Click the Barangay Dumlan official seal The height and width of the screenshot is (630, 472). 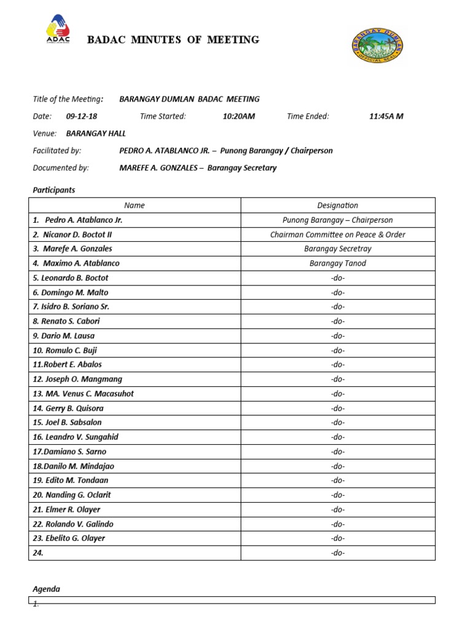(378, 47)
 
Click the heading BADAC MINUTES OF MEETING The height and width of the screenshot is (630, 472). (173, 40)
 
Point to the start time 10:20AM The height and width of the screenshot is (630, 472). (238, 116)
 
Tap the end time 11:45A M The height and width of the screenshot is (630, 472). (386, 116)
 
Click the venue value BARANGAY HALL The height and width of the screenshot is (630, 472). (93, 134)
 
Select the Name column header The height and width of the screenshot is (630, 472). (135, 205)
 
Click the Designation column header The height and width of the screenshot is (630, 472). (337, 205)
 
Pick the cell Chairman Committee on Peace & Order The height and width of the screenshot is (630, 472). (337, 234)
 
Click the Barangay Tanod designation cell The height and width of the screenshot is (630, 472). (337, 263)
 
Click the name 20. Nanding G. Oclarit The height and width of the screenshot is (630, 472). (72, 495)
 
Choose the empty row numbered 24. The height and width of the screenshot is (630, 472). (135, 553)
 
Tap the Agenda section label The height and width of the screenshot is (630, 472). (46, 589)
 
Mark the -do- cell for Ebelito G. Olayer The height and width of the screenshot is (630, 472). (337, 538)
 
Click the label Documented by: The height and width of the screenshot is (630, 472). (61, 168)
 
